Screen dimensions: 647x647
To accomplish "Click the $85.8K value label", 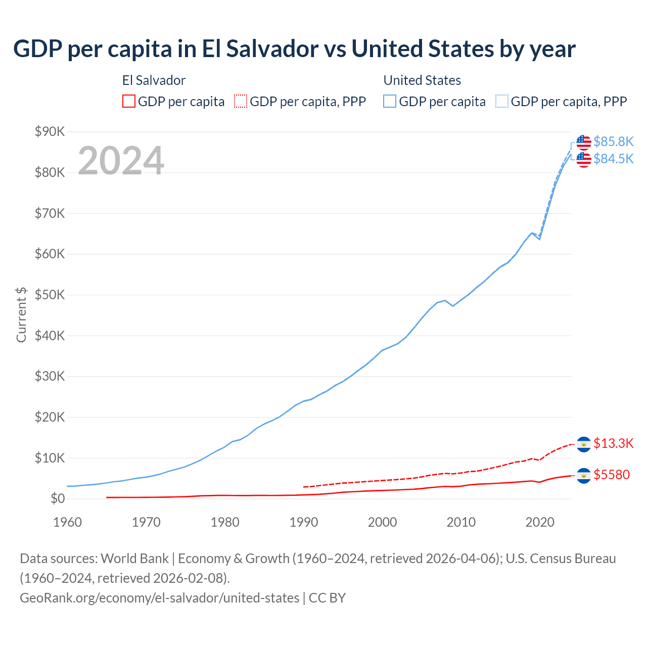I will (613, 142).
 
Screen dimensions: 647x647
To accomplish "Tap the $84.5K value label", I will (613, 159).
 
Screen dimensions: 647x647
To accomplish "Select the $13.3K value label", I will (613, 443).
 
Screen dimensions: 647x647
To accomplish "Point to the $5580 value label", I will (612, 475).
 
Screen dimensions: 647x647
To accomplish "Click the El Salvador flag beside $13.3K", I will (584, 444).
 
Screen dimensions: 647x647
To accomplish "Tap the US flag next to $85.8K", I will (584, 142).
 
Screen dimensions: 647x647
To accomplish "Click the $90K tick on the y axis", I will (50, 132).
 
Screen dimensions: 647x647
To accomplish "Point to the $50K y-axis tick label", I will (50, 295).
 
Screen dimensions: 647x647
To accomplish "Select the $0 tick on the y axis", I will (58, 499).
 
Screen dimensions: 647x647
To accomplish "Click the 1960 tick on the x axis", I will (67, 522).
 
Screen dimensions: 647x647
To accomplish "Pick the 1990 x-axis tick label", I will (304, 522).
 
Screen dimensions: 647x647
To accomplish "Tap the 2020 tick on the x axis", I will (540, 522).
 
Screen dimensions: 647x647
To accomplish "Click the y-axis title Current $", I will (21, 315).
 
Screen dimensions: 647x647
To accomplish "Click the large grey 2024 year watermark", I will (121, 161).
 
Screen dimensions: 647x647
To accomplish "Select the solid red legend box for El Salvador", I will (129, 102).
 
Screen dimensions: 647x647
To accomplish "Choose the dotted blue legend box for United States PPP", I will (502, 102).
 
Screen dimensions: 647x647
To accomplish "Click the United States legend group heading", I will (422, 80).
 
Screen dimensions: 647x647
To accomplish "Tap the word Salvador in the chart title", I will (272, 49).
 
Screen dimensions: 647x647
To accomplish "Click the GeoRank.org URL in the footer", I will (159, 598).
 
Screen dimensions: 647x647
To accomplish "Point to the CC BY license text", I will (327, 598).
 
